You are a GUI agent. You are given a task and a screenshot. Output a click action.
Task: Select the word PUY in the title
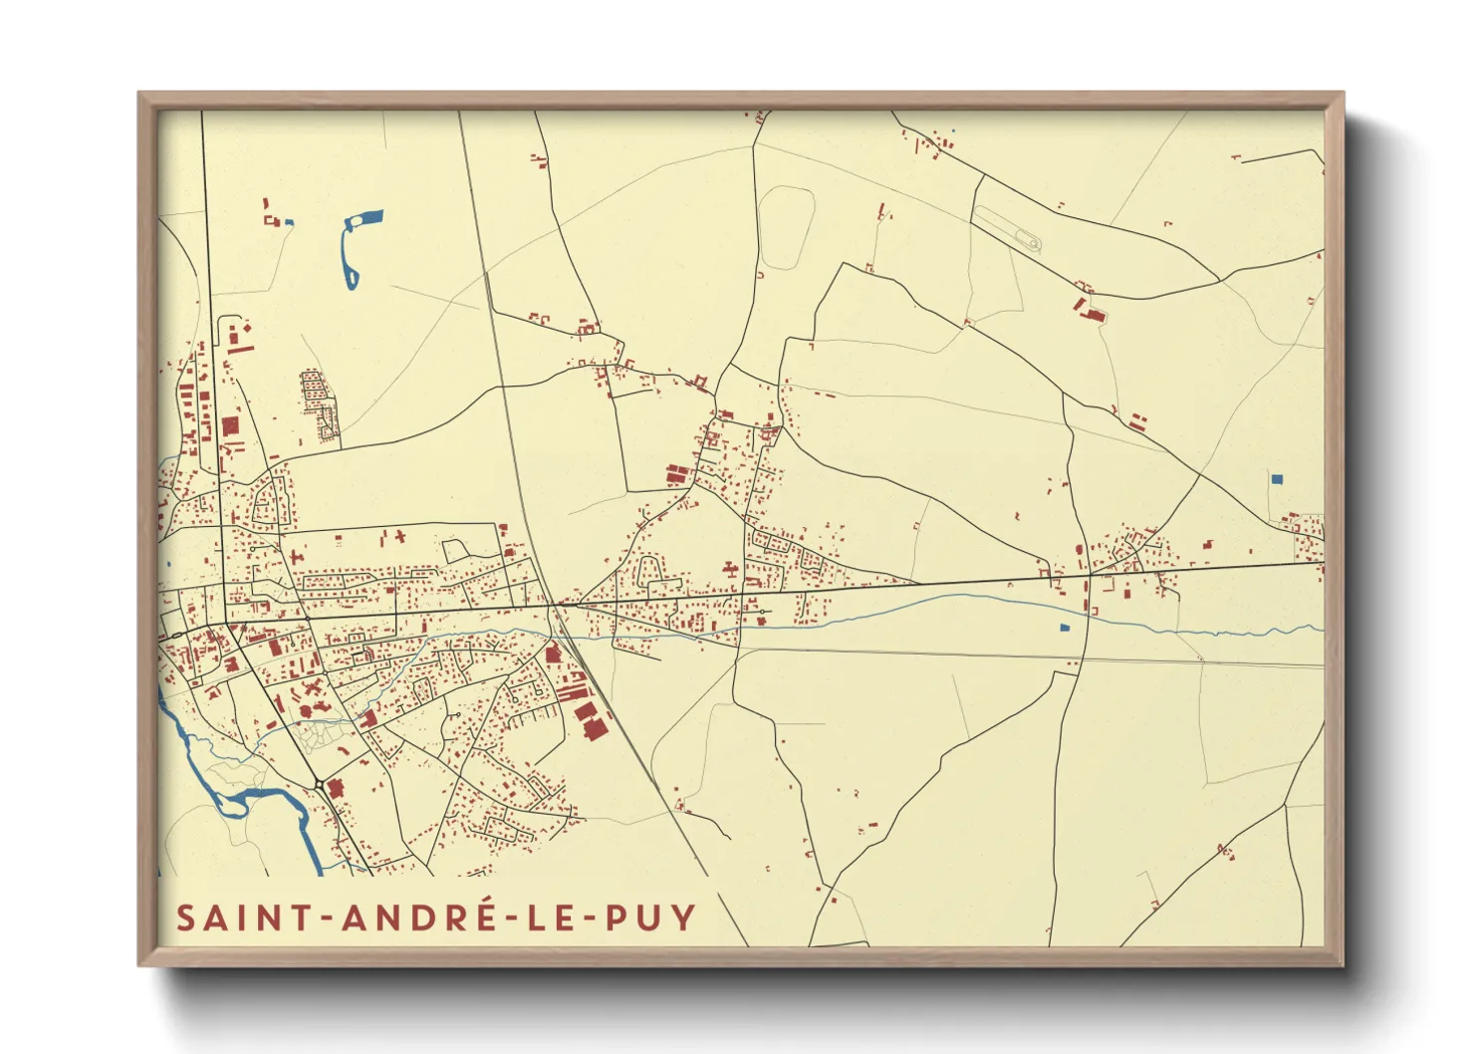click(649, 918)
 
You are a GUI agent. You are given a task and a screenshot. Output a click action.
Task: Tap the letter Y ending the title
click(683, 918)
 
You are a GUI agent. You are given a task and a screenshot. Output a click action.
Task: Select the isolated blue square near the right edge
click(1277, 479)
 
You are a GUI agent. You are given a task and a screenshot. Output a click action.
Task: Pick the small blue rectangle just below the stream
click(1064, 628)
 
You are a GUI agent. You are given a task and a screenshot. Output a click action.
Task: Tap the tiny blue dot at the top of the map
click(952, 132)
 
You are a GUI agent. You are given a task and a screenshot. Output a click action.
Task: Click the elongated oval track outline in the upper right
click(1007, 227)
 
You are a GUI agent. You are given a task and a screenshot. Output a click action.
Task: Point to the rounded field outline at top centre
click(786, 227)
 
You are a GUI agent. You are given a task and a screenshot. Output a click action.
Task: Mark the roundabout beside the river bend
click(319, 785)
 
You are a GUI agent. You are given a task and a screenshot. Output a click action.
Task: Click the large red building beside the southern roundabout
click(336, 789)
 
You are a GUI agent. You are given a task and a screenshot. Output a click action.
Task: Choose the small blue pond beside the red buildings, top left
click(289, 221)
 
